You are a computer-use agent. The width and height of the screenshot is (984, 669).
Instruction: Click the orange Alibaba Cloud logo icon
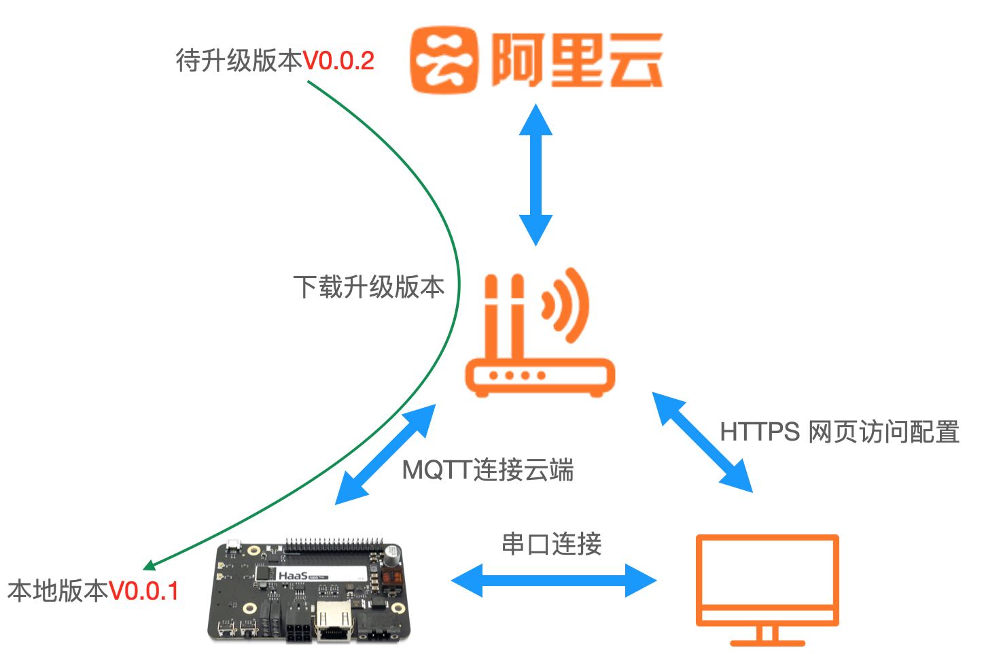444,60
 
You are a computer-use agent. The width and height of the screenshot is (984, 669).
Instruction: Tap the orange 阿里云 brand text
576,61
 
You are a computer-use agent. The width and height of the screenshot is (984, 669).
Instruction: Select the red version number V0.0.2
338,61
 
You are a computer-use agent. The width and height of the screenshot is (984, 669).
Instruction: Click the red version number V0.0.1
143,591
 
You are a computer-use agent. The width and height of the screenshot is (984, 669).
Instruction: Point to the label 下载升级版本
368,287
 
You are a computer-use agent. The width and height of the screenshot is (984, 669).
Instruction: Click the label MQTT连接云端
488,470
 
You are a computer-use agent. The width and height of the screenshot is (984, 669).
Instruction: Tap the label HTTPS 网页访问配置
839,432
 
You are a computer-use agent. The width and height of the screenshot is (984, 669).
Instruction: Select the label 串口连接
551,544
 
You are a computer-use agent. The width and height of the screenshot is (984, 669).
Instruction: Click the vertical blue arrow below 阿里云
535,175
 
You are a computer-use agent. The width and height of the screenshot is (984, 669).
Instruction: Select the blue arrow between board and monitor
553,581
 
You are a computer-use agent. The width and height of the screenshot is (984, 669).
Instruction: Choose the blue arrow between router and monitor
702,441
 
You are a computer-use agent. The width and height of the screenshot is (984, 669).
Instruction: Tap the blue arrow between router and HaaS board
385,454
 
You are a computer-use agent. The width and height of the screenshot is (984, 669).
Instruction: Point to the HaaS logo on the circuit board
293,576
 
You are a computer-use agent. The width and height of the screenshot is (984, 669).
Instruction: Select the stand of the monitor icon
767,636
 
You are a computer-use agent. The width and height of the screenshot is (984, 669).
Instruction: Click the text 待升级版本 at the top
239,61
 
